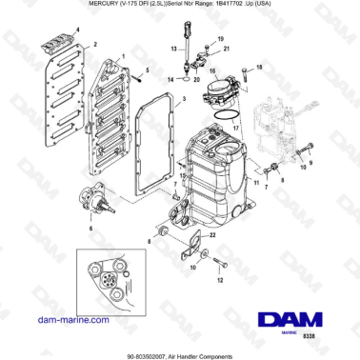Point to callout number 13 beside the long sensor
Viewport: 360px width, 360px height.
[x=174, y=47]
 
